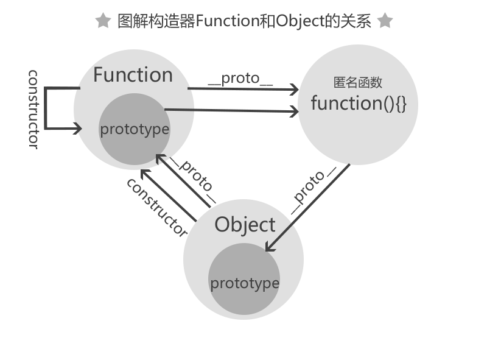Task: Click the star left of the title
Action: point(103,21)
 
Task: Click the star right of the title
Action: point(385,21)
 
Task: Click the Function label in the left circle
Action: point(133,75)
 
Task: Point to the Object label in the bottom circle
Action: point(245,225)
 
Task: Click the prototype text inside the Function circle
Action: point(135,129)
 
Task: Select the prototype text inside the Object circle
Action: point(245,283)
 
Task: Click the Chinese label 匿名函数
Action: point(358,83)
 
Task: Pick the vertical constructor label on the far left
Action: point(34,109)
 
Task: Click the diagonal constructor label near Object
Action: point(156,207)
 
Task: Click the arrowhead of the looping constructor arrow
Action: point(78,129)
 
